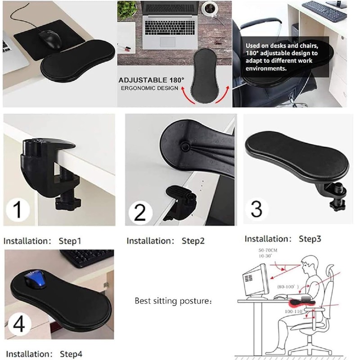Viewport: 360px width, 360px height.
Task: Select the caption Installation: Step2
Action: click(x=166, y=241)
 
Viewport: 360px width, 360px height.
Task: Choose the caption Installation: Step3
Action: click(x=283, y=238)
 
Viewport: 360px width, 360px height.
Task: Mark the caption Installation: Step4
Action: click(x=44, y=354)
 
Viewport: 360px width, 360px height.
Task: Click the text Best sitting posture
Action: click(x=173, y=300)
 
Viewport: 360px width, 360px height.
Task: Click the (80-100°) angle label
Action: click(x=288, y=286)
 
